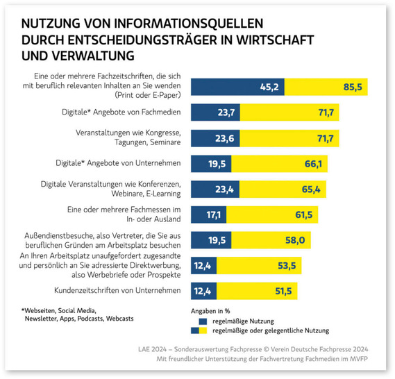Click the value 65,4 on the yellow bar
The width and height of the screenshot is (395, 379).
click(310, 189)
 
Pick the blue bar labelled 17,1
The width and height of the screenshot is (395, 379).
click(203, 214)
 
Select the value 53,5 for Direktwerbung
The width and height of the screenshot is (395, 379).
click(286, 266)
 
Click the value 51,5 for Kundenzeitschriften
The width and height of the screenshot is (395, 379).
click(282, 292)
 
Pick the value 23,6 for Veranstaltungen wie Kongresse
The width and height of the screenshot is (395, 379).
click(224, 137)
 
